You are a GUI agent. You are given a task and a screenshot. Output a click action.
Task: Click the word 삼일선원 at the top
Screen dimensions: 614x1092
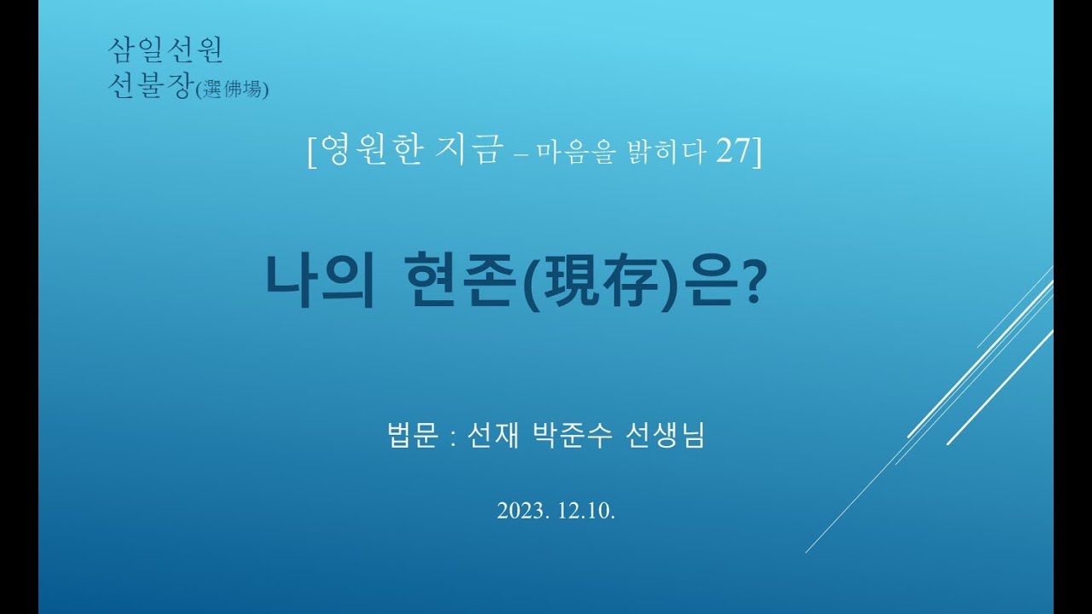(x=166, y=50)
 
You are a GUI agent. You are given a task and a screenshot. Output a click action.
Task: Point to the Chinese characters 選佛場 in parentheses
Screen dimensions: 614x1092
(x=232, y=89)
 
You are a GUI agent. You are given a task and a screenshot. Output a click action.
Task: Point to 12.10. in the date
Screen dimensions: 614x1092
(x=587, y=511)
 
